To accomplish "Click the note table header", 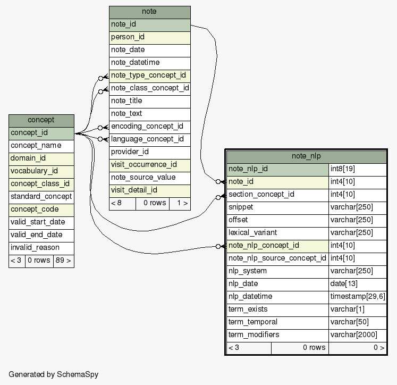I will pyautogui.click(x=149, y=12).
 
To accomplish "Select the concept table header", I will pyautogui.click(x=41, y=120).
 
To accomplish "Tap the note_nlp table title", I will pyautogui.click(x=306, y=156).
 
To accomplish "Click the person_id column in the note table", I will pyautogui.click(x=149, y=37).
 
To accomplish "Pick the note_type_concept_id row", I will pyautogui.click(x=149, y=76).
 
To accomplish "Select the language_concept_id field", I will pyautogui.click(x=149, y=139).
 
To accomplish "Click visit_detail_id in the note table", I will pyautogui.click(x=149, y=190).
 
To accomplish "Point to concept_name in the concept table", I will pyautogui.click(x=41, y=146).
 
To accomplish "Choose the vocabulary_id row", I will pyautogui.click(x=41, y=171).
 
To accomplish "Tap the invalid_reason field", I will pyautogui.click(x=41, y=247).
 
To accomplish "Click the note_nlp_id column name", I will pyautogui.click(x=277, y=169).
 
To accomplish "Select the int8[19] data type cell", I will pyautogui.click(x=357, y=169).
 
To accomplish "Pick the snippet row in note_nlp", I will pyautogui.click(x=277, y=207).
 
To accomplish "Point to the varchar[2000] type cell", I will pyautogui.click(x=357, y=334).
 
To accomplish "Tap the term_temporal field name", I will pyautogui.click(x=277, y=322).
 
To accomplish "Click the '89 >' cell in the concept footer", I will pyautogui.click(x=63, y=261).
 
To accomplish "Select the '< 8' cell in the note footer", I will pyautogui.click(x=122, y=203).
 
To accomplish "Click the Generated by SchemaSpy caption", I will pyautogui.click(x=53, y=374).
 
